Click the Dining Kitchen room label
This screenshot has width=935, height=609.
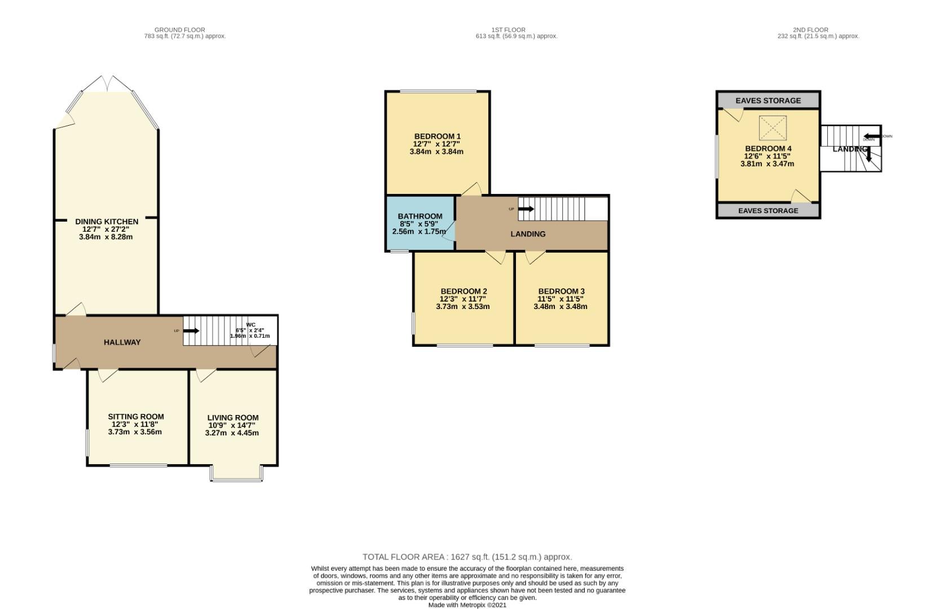pyautogui.click(x=107, y=222)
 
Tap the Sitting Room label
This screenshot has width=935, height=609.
pyautogui.click(x=136, y=417)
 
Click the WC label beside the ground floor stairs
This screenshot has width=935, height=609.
pyautogui.click(x=250, y=325)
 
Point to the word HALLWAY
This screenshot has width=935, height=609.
pyautogui.click(x=122, y=342)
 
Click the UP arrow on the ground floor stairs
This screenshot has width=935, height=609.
pyautogui.click(x=191, y=330)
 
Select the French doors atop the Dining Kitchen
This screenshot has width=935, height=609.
pyautogui.click(x=107, y=83)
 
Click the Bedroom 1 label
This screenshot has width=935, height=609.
pyautogui.click(x=437, y=136)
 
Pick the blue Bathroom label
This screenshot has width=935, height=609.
pyautogui.click(x=420, y=217)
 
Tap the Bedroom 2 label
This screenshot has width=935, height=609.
pyautogui.click(x=464, y=292)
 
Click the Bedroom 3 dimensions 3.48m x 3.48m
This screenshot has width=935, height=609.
pyautogui.click(x=560, y=307)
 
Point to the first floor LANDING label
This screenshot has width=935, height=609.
pyautogui.click(x=528, y=234)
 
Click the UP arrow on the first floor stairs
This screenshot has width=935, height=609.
pyautogui.click(x=526, y=209)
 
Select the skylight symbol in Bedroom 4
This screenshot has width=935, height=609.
pyautogui.click(x=772, y=128)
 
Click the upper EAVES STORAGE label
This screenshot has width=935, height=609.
pyautogui.click(x=768, y=100)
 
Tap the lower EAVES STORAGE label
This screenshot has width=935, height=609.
pyautogui.click(x=768, y=211)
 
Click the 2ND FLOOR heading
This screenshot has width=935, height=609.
pyautogui.click(x=810, y=30)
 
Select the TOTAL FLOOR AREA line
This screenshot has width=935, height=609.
pyautogui.click(x=467, y=557)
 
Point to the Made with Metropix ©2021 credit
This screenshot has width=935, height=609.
pyautogui.click(x=467, y=605)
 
